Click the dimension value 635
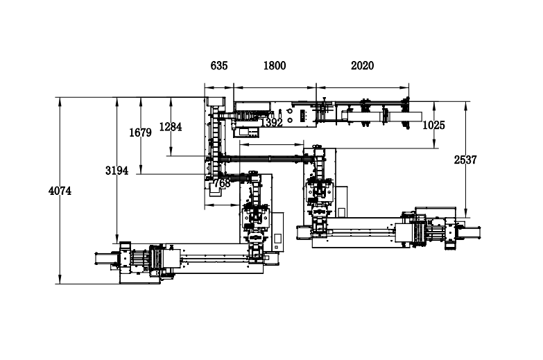pyautogui.click(x=219, y=65)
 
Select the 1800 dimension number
pyautogui.click(x=275, y=65)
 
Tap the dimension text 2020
pyautogui.click(x=362, y=65)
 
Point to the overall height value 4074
pyautogui.click(x=60, y=191)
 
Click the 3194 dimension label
pyautogui.click(x=117, y=171)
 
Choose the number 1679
pyautogui.click(x=140, y=132)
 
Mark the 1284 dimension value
pyautogui.click(x=171, y=127)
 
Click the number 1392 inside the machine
pyautogui.click(x=272, y=122)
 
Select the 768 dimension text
pyautogui.click(x=222, y=183)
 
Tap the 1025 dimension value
pyautogui.click(x=433, y=125)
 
